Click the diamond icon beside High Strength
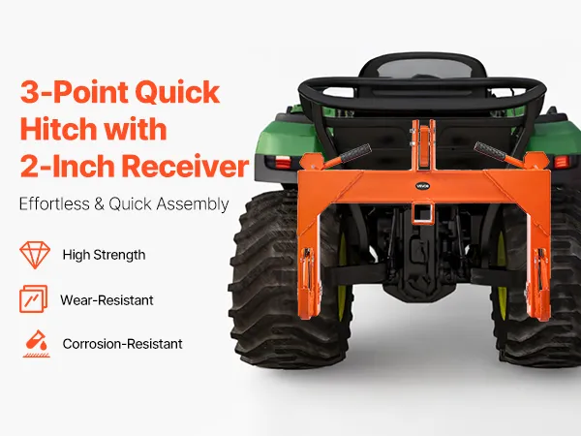coord(35,255)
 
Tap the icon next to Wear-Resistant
coord(33,298)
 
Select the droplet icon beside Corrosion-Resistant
coord(37,344)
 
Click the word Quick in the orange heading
coord(177,93)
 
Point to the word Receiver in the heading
coord(185,166)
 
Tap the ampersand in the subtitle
coord(99,204)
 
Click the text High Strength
coord(105,255)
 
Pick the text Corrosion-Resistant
coord(122,344)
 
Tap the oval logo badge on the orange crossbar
coord(422,186)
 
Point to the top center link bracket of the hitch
coord(422,145)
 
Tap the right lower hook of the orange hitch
coord(538,284)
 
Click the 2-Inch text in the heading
coord(66,166)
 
